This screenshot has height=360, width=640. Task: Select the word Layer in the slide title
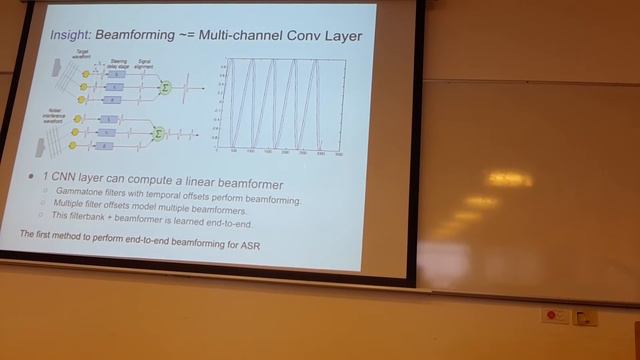click(337, 36)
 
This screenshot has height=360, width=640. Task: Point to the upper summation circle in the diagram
click(166, 88)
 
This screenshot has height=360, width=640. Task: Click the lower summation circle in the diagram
click(157, 131)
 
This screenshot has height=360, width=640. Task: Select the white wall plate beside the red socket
click(585, 317)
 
